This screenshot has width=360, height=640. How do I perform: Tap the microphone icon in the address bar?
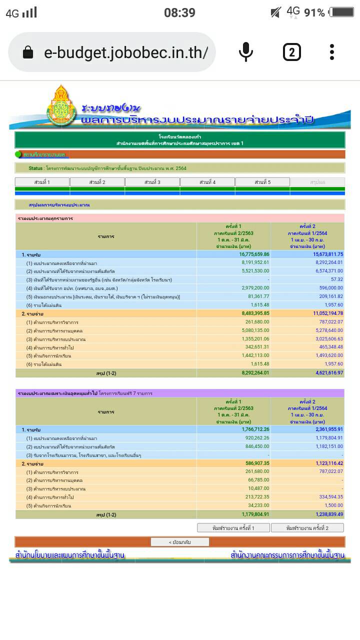pos(245,52)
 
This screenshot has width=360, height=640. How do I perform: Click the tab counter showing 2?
pos(291,52)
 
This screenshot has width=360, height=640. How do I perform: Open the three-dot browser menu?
pos(332,52)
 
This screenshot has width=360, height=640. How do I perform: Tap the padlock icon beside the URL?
pos(28,52)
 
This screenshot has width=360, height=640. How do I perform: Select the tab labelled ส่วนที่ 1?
pos(42,182)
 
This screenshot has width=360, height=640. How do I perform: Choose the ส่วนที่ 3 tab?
pos(152,182)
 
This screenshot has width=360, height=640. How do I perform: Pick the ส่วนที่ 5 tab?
pos(262,182)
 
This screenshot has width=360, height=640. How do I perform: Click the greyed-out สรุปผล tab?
pos(317,182)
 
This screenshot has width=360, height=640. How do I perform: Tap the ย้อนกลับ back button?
pos(180,542)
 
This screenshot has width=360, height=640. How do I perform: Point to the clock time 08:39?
pos(179,12)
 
